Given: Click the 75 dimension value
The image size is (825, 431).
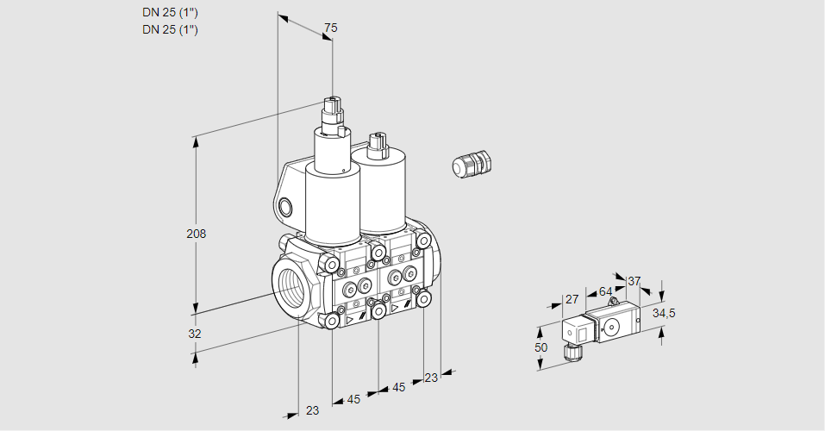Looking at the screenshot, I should tap(330, 28).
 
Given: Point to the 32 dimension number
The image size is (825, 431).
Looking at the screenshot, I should tap(195, 334).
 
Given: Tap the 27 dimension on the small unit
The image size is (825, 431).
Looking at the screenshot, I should tap(571, 299).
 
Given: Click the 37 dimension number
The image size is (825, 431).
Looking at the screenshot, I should tap(634, 281).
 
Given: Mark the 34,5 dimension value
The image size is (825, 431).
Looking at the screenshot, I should tap(663, 312).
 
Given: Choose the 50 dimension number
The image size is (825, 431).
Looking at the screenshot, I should tap(541, 347).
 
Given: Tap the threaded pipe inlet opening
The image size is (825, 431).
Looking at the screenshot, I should tap(289, 285).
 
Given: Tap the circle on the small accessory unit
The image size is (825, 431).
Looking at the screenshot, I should tap(613, 327).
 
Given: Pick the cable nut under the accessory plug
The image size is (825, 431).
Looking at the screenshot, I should tap(568, 352).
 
